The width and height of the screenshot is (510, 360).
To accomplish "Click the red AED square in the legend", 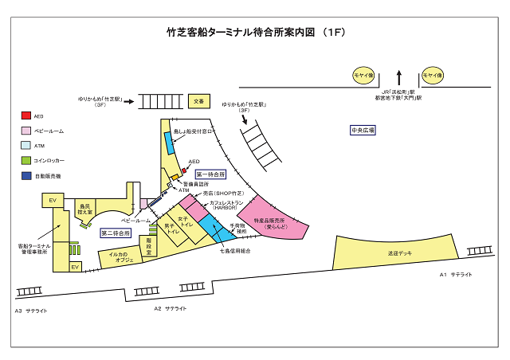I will pyautogui.click(x=26, y=115).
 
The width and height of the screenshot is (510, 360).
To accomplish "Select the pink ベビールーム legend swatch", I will pyautogui.click(x=26, y=131).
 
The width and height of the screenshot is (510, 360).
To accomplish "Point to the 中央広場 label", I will pyautogui.click(x=362, y=129).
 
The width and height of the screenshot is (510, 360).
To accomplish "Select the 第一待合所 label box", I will pyautogui.click(x=210, y=174).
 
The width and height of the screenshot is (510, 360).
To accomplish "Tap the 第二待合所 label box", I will pyautogui.click(x=116, y=233).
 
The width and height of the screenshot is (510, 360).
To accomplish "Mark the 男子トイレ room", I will pyautogui.click(x=169, y=229).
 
